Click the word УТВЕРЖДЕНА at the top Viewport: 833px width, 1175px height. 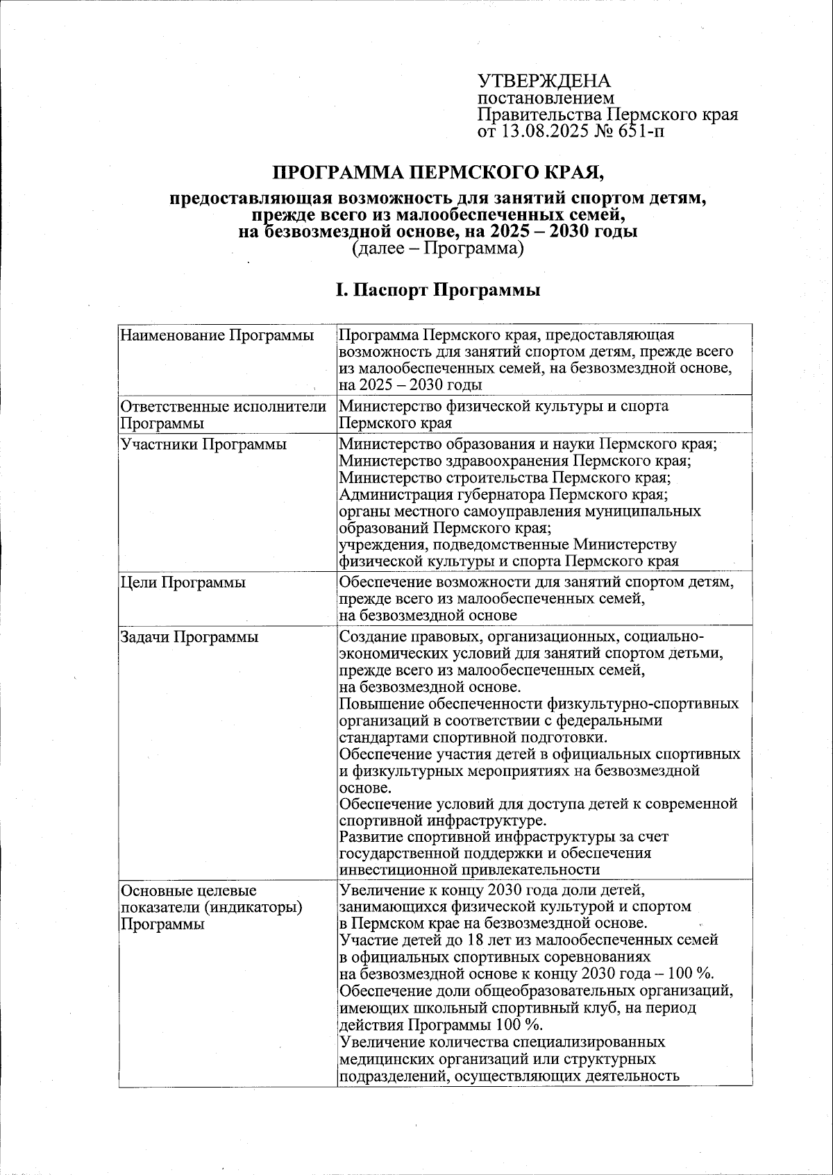pos(544,81)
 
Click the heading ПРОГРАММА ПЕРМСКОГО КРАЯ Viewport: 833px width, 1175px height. pos(442,172)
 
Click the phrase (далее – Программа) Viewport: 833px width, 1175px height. pos(437,248)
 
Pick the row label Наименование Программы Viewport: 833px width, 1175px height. pos(216,336)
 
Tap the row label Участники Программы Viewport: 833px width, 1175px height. pos(203,444)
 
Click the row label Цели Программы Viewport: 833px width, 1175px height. pos(183,582)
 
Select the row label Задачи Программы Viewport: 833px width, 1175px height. pos(190,637)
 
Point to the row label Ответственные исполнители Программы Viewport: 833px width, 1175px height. pos(223,414)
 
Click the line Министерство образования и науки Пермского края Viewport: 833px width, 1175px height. pos(528,443)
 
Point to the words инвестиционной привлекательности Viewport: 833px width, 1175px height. pos(469,870)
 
